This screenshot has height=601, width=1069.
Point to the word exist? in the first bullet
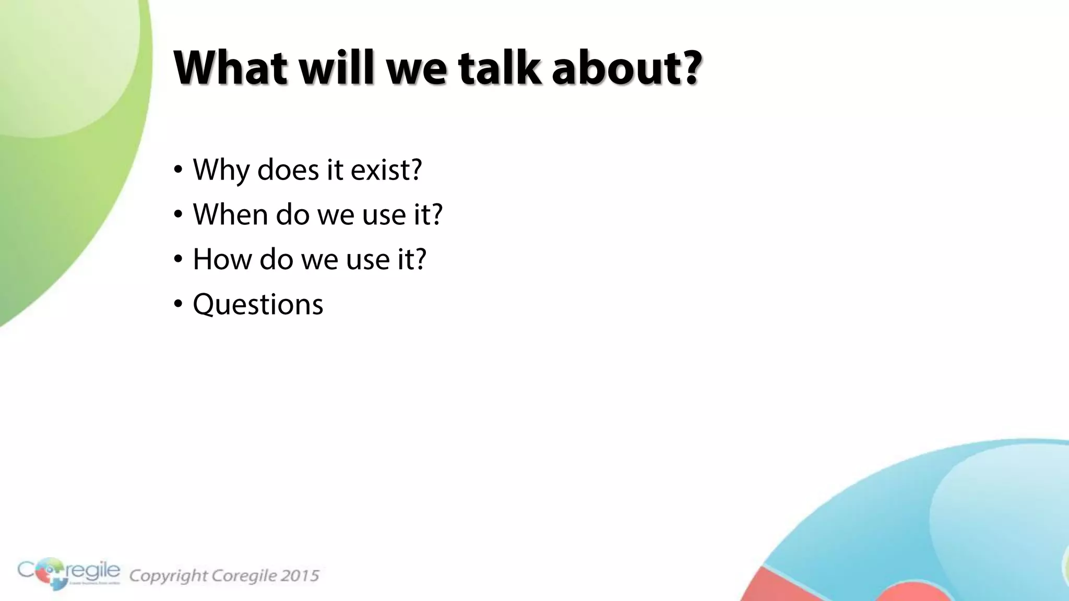pyautogui.click(x=386, y=170)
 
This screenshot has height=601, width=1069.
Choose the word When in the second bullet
pyautogui.click(x=230, y=214)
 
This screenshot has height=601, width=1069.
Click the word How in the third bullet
pyautogui.click(x=222, y=259)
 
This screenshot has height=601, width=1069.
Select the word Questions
pyautogui.click(x=258, y=304)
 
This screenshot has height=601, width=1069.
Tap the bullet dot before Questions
pyautogui.click(x=179, y=304)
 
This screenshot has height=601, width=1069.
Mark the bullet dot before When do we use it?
pyautogui.click(x=179, y=214)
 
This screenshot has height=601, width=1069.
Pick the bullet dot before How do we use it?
pyautogui.click(x=179, y=259)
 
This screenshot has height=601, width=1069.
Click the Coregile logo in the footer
pyautogui.click(x=68, y=573)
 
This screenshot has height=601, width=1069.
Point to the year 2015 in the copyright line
pyautogui.click(x=300, y=575)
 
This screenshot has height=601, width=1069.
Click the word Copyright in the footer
pyautogui.click(x=168, y=575)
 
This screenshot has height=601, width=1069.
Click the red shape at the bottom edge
pyautogui.click(x=783, y=587)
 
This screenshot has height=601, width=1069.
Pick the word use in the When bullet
pyautogui.click(x=384, y=214)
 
